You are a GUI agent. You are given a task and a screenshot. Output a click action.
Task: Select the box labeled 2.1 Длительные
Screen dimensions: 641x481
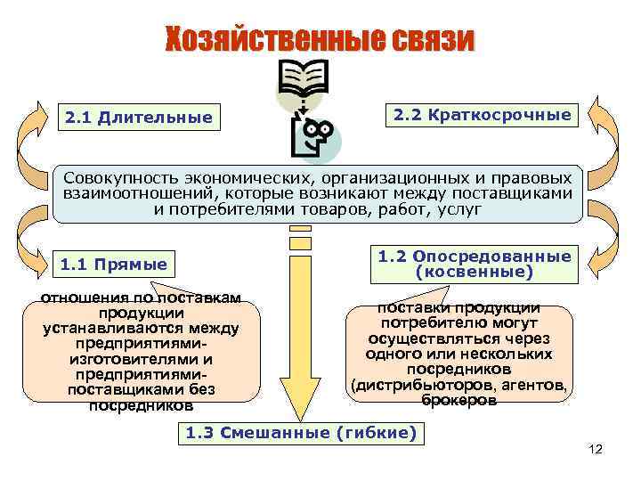(x=138, y=118)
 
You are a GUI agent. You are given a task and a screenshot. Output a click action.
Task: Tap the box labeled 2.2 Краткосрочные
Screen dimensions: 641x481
(x=482, y=115)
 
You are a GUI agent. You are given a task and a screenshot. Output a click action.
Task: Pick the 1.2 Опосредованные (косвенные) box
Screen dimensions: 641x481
(x=474, y=263)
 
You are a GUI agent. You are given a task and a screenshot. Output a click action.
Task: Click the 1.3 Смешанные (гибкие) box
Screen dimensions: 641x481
(x=301, y=433)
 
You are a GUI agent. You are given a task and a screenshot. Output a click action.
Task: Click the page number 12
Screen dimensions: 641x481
(x=596, y=450)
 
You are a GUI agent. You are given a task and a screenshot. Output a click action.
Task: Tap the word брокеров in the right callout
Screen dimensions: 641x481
(x=459, y=400)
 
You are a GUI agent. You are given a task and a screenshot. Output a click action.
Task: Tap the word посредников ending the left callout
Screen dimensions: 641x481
(x=141, y=405)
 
